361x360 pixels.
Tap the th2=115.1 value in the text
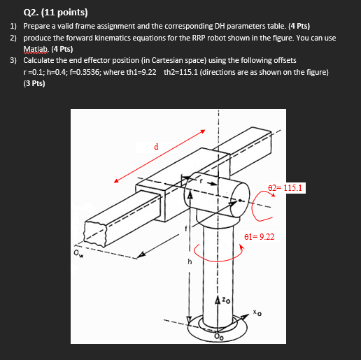click(x=180, y=73)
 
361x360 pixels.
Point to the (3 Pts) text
click(x=34, y=84)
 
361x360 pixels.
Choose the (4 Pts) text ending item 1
click(x=296, y=26)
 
